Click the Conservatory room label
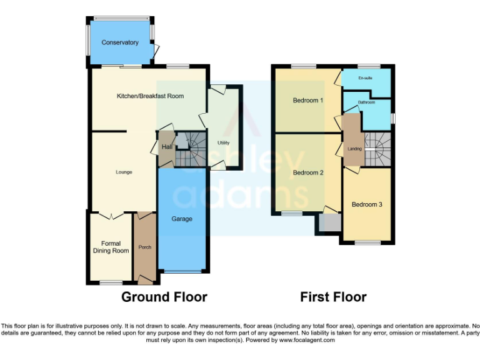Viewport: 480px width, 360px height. coord(120,42)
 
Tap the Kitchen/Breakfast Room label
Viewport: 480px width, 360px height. coord(150,96)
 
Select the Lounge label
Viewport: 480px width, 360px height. coord(124,172)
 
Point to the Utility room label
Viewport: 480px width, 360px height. coord(223,142)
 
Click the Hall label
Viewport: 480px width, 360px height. coord(167,147)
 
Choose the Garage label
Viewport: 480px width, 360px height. coord(182,219)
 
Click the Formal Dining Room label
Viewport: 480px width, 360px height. coord(111,247)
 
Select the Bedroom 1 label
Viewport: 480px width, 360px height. coord(308,100)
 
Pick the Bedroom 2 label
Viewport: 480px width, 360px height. coord(308,172)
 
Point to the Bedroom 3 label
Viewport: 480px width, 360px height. coord(366,204)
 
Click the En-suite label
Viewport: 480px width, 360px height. coord(366,78)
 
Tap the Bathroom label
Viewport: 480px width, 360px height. coord(366,102)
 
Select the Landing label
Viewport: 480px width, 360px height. coord(354,149)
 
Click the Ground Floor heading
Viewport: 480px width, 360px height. coord(164,297)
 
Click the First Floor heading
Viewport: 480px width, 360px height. coord(333,297)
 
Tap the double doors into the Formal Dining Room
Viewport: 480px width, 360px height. coord(111,216)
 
